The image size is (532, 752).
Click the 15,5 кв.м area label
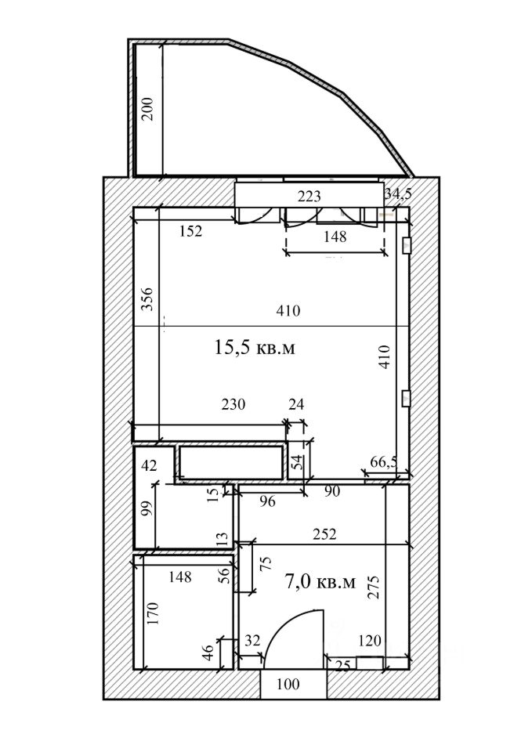(255, 347)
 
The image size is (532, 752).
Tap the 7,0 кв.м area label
(320, 581)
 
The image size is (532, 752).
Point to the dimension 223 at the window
(309, 195)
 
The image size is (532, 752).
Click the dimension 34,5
(397, 194)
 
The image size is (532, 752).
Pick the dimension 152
(190, 231)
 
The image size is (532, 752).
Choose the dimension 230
(233, 405)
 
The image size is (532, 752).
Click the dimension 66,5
(384, 463)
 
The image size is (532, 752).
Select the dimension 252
(324, 534)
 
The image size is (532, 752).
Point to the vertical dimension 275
(374, 588)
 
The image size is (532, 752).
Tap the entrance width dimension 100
(288, 684)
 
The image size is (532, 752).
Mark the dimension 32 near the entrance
(252, 641)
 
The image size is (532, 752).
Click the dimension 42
(149, 465)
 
